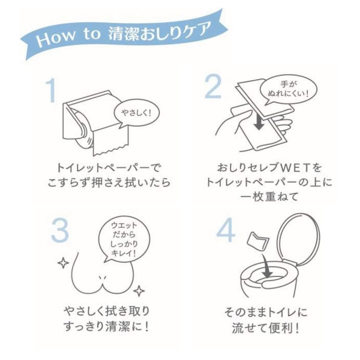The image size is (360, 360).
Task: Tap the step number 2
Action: click(x=213, y=87)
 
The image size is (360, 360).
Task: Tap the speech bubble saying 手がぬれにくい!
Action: click(x=288, y=90)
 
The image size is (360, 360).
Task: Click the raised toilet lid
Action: click(x=298, y=239)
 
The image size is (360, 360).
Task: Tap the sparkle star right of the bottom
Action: click(x=139, y=291)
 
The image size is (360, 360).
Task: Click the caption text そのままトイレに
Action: click(x=266, y=312)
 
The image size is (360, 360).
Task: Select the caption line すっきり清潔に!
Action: click(x=106, y=327)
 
